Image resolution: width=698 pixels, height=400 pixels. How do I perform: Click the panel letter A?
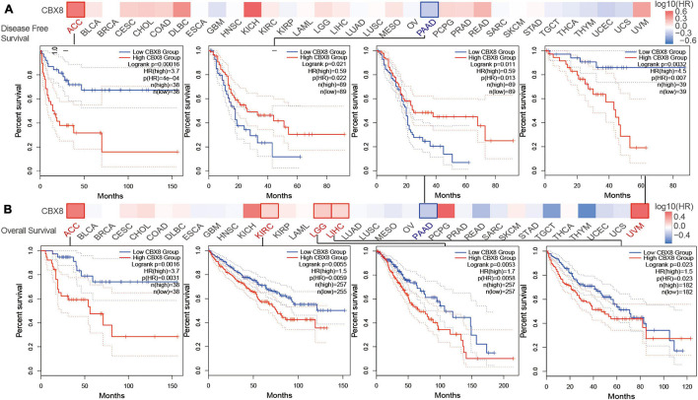click(8, 8)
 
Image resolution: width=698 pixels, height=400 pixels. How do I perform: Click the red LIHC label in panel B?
click(339, 234)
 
